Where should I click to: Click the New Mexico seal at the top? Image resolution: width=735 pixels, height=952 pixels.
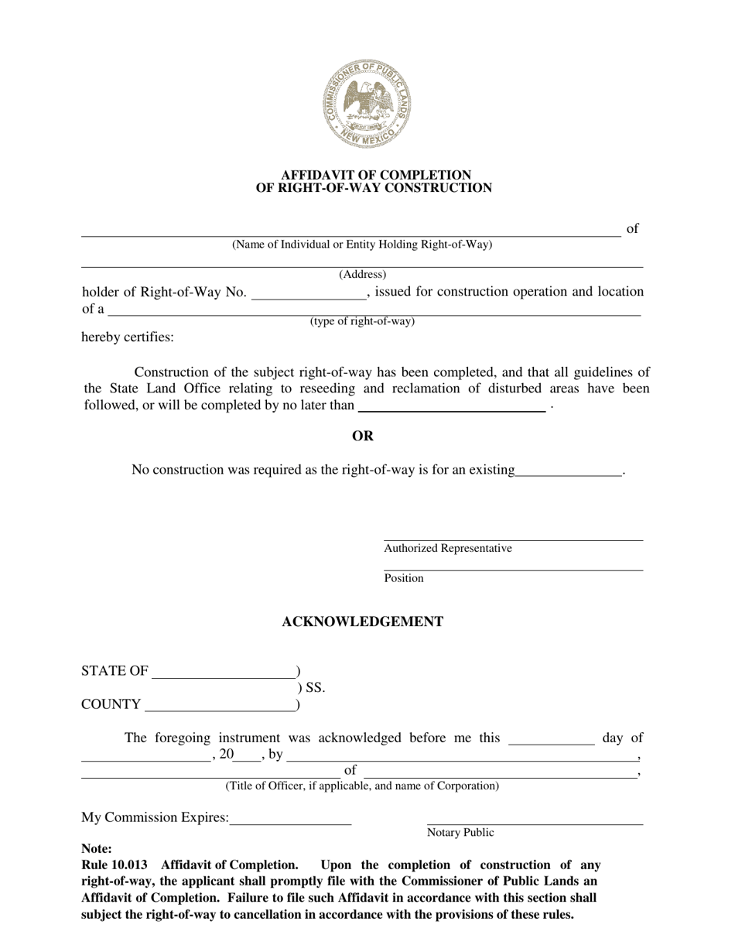[367, 104]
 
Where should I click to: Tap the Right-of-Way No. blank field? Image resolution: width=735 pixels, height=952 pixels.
[308, 293]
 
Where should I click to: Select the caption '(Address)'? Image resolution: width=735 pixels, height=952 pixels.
[362, 274]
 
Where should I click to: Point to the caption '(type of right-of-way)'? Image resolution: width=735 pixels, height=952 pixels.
[362, 321]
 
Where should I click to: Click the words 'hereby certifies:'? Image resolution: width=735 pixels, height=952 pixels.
[128, 337]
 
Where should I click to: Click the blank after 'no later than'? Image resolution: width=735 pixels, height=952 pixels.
[452, 406]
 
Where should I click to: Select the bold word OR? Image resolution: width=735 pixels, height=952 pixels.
[363, 436]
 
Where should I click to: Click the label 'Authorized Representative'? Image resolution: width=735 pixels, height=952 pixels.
[447, 549]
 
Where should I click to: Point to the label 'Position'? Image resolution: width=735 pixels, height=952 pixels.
[404, 578]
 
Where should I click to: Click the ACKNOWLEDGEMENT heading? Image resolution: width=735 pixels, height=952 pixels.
[362, 622]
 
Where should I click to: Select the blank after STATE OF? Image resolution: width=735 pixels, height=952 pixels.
[224, 672]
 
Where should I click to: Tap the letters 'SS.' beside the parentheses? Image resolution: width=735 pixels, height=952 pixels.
[316, 687]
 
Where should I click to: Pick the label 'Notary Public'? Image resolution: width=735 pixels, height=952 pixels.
[460, 833]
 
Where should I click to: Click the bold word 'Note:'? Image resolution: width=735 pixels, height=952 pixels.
[97, 849]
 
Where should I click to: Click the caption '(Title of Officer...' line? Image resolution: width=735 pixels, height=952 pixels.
[362, 786]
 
